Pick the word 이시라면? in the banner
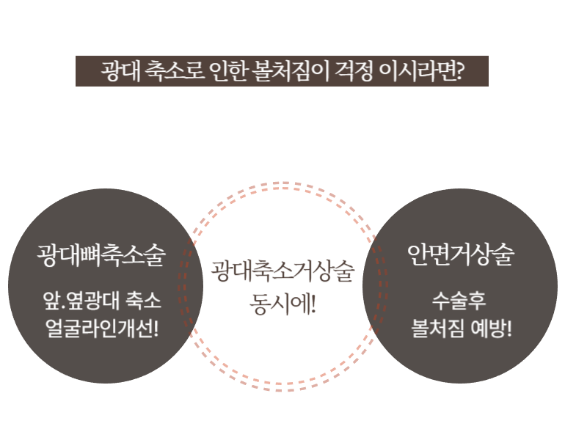(420, 71)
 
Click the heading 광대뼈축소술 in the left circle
(101, 255)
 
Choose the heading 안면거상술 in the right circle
(461, 255)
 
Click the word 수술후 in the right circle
(461, 301)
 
